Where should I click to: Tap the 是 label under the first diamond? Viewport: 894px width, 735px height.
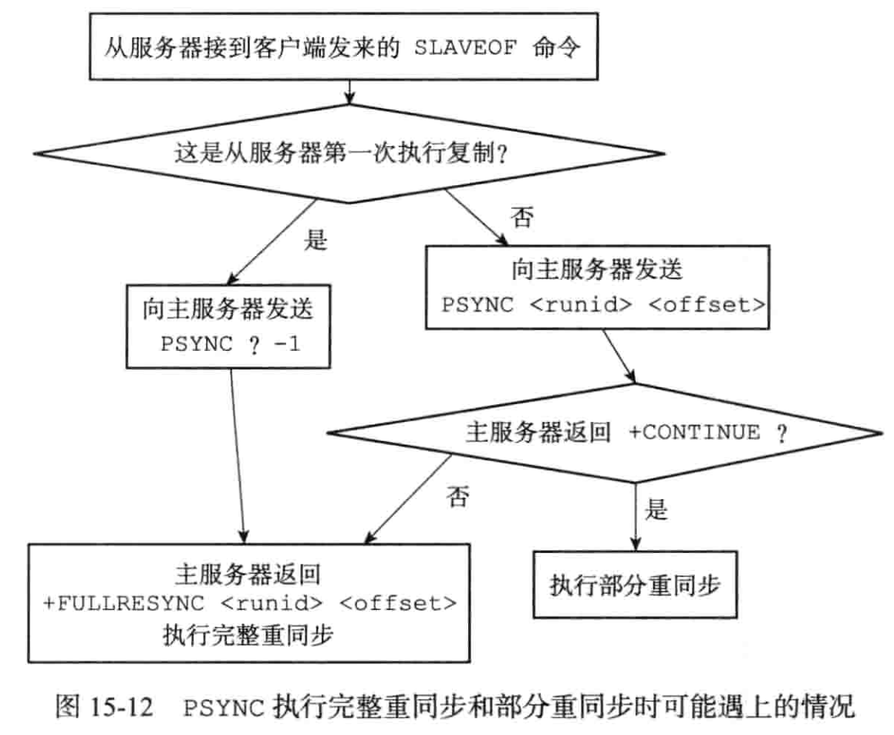pos(317,241)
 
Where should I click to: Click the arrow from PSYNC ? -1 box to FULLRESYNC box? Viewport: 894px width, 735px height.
pos(240,455)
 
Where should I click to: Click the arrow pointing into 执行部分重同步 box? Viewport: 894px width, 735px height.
pos(635,513)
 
